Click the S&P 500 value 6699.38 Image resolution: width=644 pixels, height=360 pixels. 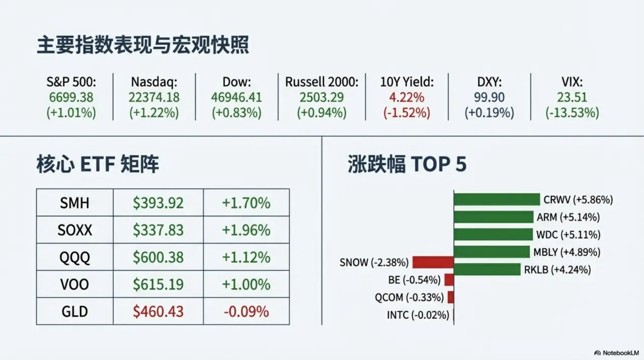coord(71,97)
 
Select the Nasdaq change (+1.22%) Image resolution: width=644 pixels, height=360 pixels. coord(154,113)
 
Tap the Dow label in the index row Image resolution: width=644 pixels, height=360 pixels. coord(236,82)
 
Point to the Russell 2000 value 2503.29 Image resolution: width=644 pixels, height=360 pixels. coord(321,97)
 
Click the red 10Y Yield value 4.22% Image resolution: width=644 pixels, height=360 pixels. coord(407,97)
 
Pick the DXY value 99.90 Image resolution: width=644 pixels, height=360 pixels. coord(489,97)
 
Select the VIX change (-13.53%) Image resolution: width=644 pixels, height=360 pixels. coord(572,113)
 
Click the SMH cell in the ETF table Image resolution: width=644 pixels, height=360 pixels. coord(74,203)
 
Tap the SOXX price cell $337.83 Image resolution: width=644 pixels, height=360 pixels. coord(158,230)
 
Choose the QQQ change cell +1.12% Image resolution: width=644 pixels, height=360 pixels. coord(246,257)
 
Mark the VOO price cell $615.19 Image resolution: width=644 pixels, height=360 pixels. coord(158,284)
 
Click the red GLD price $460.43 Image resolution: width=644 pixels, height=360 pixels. coord(158,312)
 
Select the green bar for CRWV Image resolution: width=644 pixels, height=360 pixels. coord(497,200)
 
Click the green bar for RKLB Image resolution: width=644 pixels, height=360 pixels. coord(487,269)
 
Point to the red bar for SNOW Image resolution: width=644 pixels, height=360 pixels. coord(433,262)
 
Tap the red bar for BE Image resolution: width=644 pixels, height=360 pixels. coord(449,280)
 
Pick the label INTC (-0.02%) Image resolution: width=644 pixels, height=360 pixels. coord(418,315)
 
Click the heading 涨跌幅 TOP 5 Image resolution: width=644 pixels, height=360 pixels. coord(407,165)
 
